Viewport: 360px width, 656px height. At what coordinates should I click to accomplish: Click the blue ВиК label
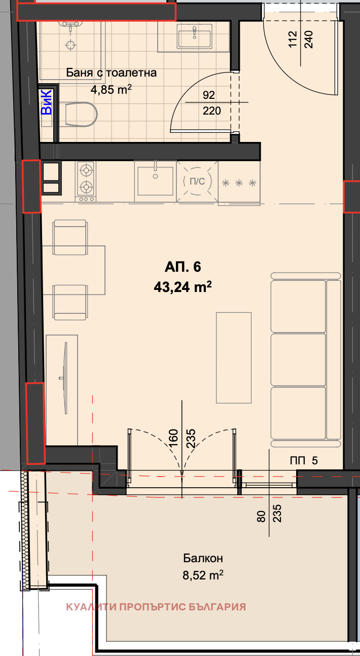(47, 102)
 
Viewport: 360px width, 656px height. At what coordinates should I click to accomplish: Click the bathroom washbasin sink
(195, 36)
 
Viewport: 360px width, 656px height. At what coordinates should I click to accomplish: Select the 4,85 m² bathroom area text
(111, 89)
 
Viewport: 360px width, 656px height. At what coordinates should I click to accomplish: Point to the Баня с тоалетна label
(112, 72)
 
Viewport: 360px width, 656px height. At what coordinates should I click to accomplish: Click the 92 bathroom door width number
(209, 95)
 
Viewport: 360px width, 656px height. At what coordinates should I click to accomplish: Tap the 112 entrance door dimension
(293, 39)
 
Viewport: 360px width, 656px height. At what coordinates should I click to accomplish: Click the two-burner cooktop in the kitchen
(86, 181)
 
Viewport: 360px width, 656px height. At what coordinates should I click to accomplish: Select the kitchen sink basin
(155, 181)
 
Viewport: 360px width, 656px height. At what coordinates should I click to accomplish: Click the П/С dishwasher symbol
(197, 181)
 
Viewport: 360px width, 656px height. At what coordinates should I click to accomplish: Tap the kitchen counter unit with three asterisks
(239, 183)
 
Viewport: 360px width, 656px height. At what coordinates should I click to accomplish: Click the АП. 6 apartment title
(183, 267)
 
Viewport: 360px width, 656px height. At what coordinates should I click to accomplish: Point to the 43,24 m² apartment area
(183, 287)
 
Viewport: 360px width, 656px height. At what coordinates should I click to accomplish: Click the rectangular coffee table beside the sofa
(234, 357)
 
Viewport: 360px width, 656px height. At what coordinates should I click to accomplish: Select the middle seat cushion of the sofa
(298, 359)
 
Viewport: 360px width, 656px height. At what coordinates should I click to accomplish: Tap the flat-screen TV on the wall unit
(65, 378)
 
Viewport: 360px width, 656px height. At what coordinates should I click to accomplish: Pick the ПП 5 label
(304, 461)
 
